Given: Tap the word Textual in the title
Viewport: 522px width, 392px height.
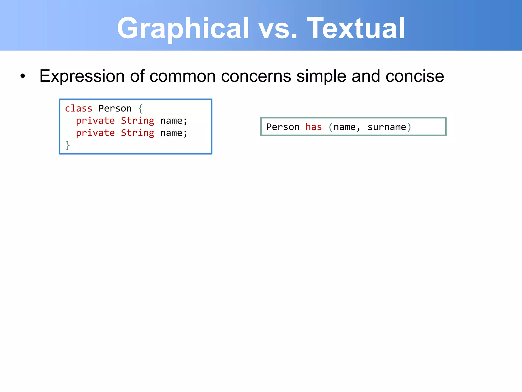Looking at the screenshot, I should pos(356,29).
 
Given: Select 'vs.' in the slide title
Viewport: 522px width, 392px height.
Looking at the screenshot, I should pos(278,29).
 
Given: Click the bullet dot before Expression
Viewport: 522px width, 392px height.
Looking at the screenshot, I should pos(23,76).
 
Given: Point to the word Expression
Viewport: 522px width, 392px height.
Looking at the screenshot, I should pos(82,76).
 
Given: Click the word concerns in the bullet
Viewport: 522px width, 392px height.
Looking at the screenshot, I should pos(256,76).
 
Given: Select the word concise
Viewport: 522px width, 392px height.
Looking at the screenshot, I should pos(415,76).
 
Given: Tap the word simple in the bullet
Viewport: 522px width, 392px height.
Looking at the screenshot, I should pos(321,76).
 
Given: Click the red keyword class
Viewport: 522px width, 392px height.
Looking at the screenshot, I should pos(79,108).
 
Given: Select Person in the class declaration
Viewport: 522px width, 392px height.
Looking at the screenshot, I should pos(115,108).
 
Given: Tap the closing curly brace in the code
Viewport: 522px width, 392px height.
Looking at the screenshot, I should pos(68,145).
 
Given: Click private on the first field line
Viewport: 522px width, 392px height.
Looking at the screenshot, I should pos(95,121).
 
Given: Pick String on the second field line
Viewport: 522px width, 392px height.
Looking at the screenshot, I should pos(137,133).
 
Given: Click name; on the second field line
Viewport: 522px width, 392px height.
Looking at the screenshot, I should pos(174,133).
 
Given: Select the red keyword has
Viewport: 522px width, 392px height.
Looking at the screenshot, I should pos(314,127).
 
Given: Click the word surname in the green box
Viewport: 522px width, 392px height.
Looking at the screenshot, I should pos(387,127).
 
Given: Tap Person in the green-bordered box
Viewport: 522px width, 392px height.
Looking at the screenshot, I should pos(283,127).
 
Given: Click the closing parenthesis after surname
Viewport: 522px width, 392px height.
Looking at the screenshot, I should pos(409,127).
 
